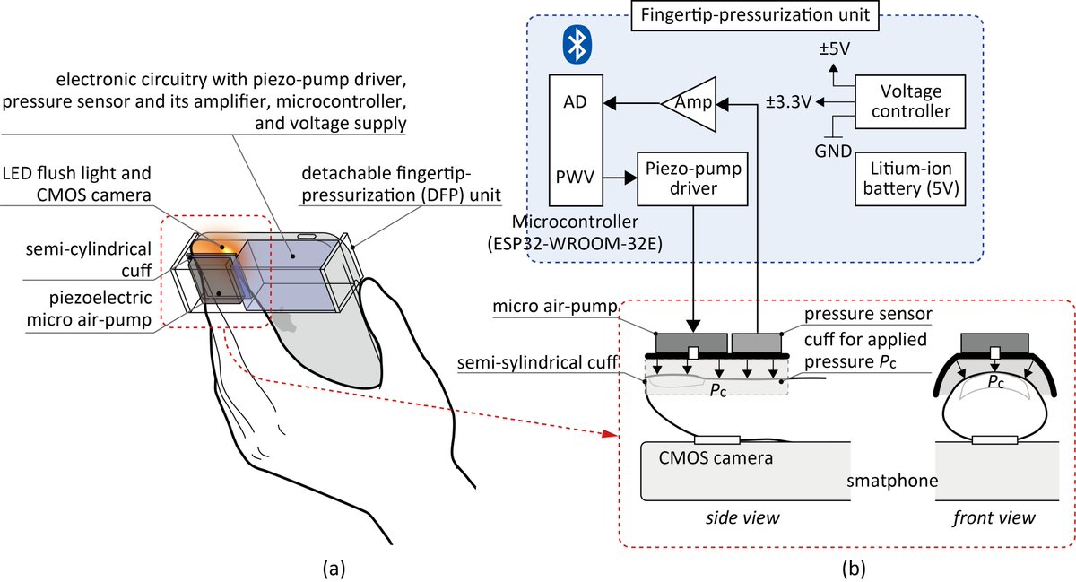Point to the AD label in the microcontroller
(575, 103)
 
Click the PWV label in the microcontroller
(575, 178)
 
